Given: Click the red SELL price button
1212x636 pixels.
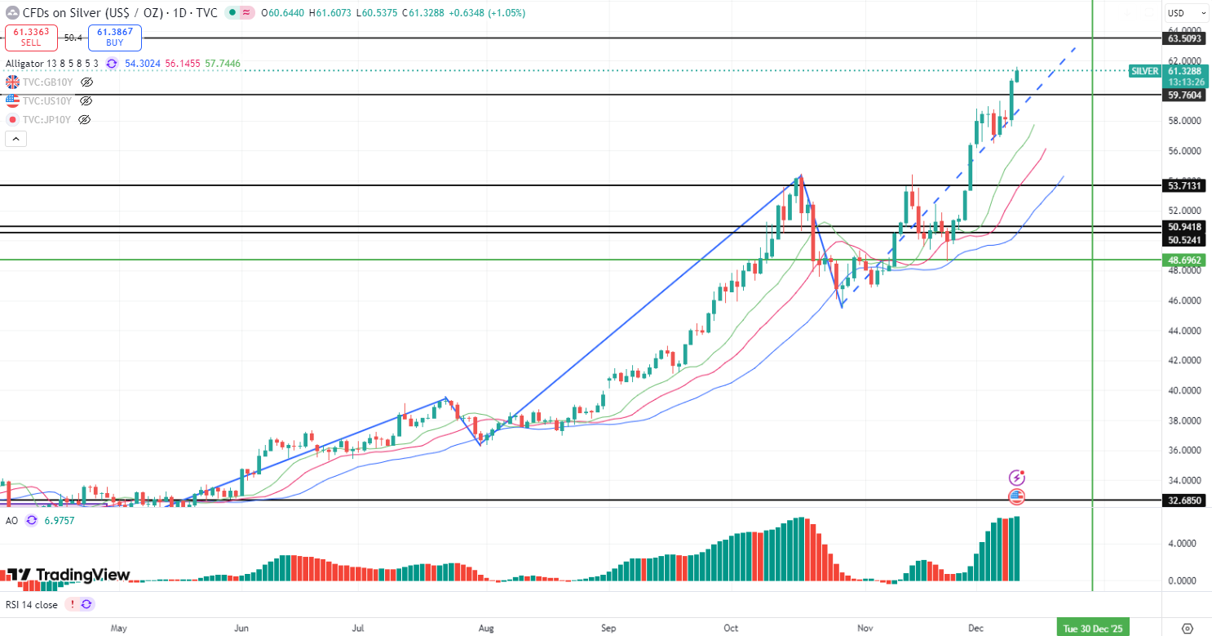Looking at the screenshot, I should coord(32,37).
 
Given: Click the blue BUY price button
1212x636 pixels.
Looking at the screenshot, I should coord(115,37).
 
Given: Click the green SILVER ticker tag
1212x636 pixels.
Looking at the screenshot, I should coord(1144,71).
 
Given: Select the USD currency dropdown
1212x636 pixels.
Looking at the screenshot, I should coord(1186,13).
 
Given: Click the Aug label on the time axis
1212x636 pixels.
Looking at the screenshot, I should coord(486,629).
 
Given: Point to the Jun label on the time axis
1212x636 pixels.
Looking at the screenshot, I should coord(241,629).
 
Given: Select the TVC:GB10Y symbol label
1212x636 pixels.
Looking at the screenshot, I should coord(48,82).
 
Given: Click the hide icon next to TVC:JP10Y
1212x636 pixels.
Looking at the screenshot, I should coord(84,120).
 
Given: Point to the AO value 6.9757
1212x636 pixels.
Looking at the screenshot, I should coord(60,520).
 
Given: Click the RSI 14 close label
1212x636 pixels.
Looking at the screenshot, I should coord(32,605).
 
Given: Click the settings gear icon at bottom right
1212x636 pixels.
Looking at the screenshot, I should coord(1187,628).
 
